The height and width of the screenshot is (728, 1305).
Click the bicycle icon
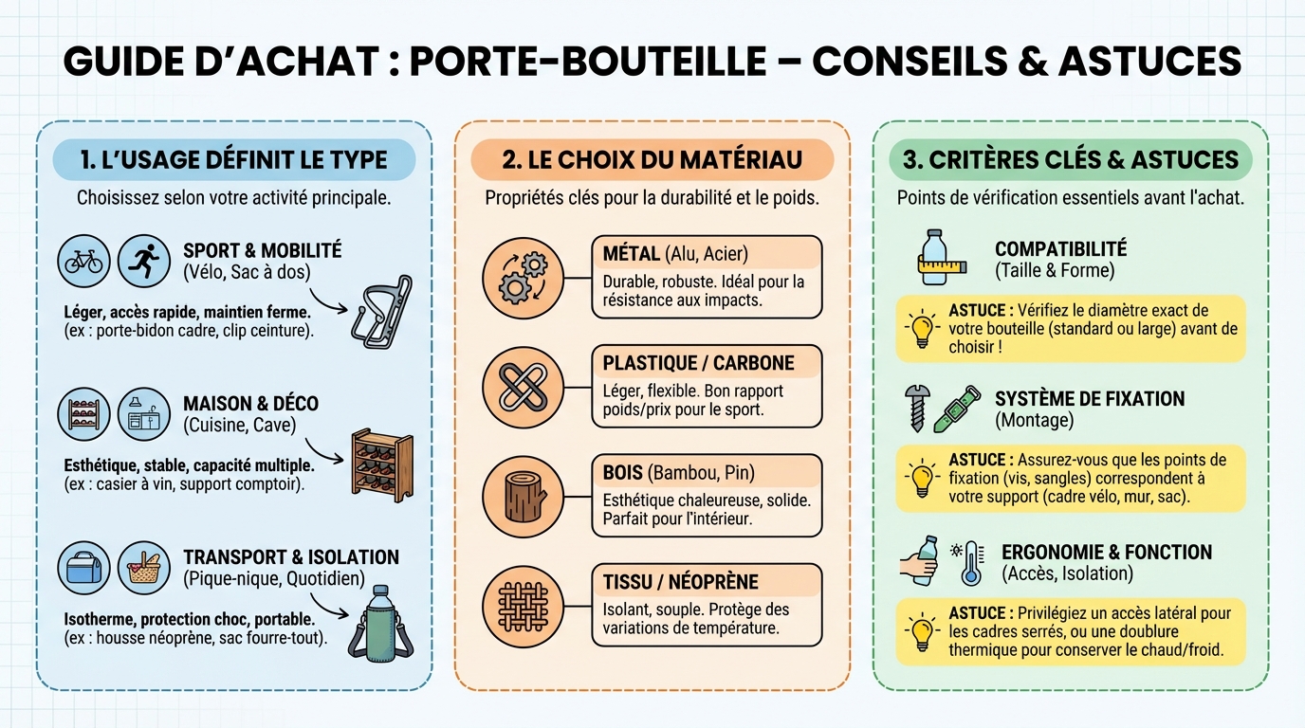pyautogui.click(x=83, y=262)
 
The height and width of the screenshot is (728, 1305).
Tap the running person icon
pyautogui.click(x=143, y=262)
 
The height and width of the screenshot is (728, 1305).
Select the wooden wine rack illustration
pyautogui.click(x=381, y=465)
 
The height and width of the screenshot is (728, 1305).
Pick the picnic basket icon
pyautogui.click(x=143, y=569)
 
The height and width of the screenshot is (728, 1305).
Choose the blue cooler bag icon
pyautogui.click(x=83, y=569)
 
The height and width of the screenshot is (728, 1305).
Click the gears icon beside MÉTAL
pyautogui.click(x=523, y=277)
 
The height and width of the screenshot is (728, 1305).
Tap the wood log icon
pyautogui.click(x=523, y=496)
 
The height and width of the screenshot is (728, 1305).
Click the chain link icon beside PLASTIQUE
pyautogui.click(x=523, y=387)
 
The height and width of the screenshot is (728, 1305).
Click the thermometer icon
pyautogui.click(x=970, y=563)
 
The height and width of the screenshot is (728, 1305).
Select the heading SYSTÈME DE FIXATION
pyautogui.click(x=1090, y=398)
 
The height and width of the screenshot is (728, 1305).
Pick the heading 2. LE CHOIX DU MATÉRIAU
pyautogui.click(x=652, y=159)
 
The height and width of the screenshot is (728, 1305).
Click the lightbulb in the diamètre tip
pyautogui.click(x=921, y=328)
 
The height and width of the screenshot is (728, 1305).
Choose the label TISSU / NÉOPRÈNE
pyautogui.click(x=680, y=582)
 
